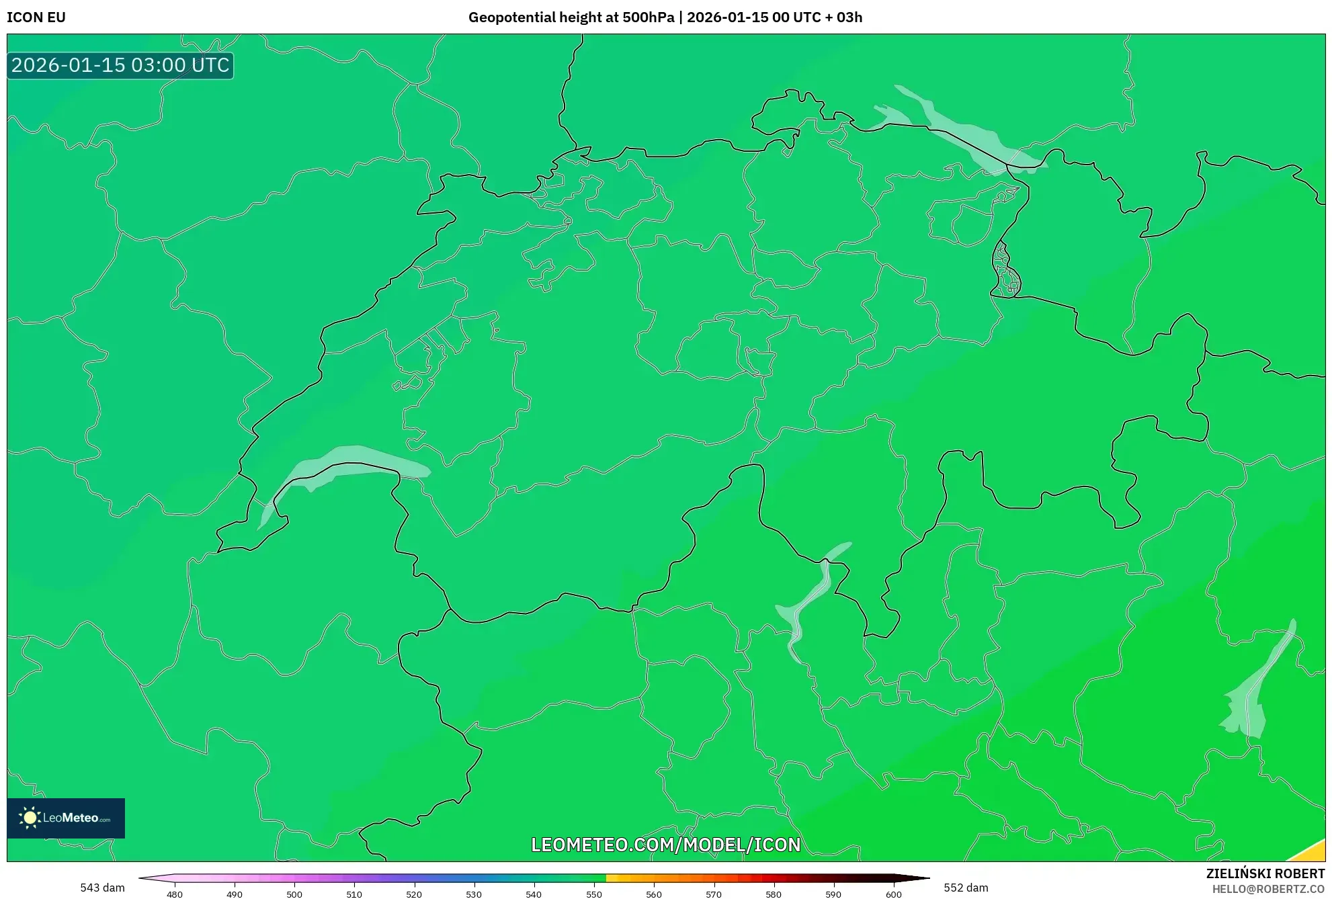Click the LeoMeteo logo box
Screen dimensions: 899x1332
click(x=66, y=818)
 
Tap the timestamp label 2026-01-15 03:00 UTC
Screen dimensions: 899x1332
click(x=120, y=65)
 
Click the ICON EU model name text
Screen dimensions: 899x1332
click(x=36, y=17)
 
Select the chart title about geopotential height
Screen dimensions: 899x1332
click(x=665, y=17)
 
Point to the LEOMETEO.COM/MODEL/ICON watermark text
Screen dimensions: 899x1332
click(x=665, y=845)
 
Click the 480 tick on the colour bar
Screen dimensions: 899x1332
click(x=175, y=894)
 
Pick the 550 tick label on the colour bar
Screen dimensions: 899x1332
click(x=594, y=894)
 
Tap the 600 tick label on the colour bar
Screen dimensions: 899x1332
click(x=893, y=894)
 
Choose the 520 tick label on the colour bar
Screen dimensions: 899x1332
click(x=414, y=894)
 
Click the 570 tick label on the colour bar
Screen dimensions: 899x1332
click(x=714, y=894)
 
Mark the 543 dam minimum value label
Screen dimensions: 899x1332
click(x=102, y=888)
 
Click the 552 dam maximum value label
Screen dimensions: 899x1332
click(x=966, y=888)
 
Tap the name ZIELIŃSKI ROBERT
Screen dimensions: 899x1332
click(x=1265, y=873)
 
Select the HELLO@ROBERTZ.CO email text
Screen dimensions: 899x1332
click(x=1268, y=889)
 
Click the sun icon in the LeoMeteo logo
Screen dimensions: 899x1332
click(x=30, y=817)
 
